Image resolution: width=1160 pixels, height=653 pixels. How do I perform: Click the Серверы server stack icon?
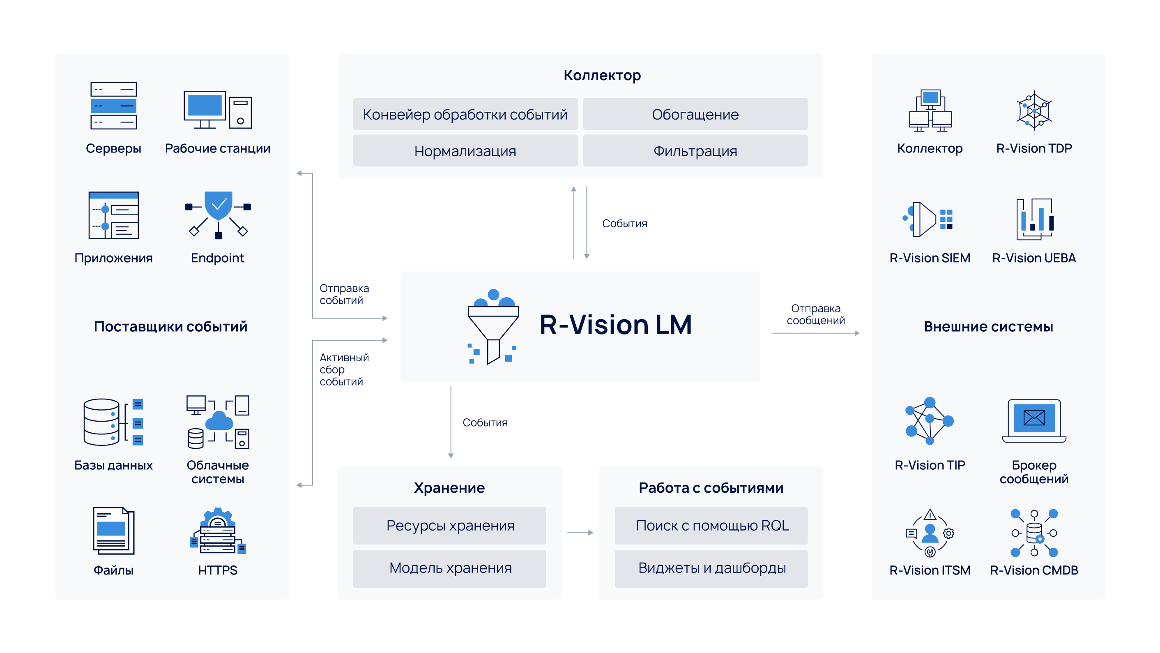coord(113,106)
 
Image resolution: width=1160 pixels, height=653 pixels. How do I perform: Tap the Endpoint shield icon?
coord(218,214)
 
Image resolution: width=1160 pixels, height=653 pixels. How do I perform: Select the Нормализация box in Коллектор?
coord(465,151)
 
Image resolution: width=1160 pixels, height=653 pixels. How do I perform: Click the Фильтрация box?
coord(695,151)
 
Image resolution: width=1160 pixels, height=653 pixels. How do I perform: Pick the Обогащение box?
coord(695,115)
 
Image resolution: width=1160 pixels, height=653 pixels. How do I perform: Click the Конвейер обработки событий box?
coord(465,115)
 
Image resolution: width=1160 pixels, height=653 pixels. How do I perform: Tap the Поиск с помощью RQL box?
coord(711,526)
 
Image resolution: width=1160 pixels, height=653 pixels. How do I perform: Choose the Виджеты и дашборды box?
coord(711,568)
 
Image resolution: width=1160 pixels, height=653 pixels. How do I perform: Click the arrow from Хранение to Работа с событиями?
coord(580,533)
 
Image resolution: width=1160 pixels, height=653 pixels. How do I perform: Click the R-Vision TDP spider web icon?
coord(1034,111)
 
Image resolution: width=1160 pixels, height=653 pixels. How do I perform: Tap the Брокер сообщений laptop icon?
coord(1034,420)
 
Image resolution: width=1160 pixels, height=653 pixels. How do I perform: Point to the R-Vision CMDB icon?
coord(1034,533)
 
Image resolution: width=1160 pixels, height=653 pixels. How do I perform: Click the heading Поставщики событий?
coord(170,326)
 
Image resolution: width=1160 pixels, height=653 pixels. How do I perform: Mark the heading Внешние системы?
coord(988,326)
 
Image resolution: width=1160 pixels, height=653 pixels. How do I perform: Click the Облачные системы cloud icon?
coord(218,422)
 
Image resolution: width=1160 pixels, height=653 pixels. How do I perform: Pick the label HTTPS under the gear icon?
coord(218,570)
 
